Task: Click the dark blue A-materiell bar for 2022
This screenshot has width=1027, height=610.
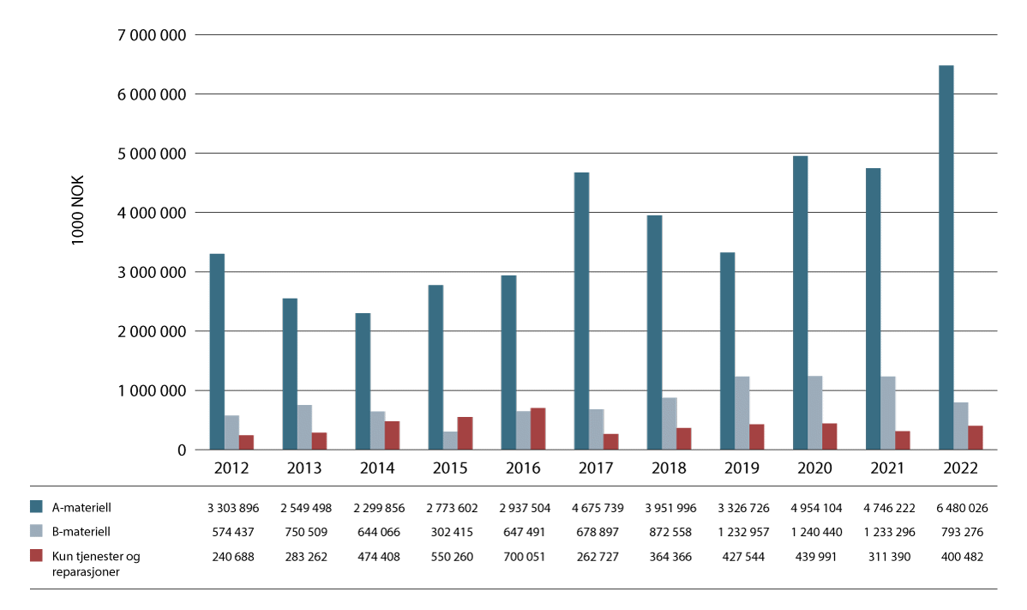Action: tap(946, 257)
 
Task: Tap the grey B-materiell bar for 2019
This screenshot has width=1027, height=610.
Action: tap(742, 413)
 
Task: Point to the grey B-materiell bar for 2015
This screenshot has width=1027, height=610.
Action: tap(450, 440)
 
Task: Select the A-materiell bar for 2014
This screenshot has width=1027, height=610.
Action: tap(363, 381)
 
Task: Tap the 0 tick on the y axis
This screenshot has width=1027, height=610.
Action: tap(183, 450)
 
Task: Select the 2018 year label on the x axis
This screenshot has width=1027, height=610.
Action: tap(669, 469)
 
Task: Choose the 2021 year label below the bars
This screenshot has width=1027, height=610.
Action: tap(887, 469)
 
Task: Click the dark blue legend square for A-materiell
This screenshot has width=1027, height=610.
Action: tap(36, 507)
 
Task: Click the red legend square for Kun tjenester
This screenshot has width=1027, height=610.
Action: tap(36, 556)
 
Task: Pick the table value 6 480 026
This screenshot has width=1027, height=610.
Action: tap(960, 508)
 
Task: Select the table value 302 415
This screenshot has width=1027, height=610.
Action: tap(450, 532)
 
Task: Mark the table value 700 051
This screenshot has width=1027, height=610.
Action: tap(523, 556)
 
